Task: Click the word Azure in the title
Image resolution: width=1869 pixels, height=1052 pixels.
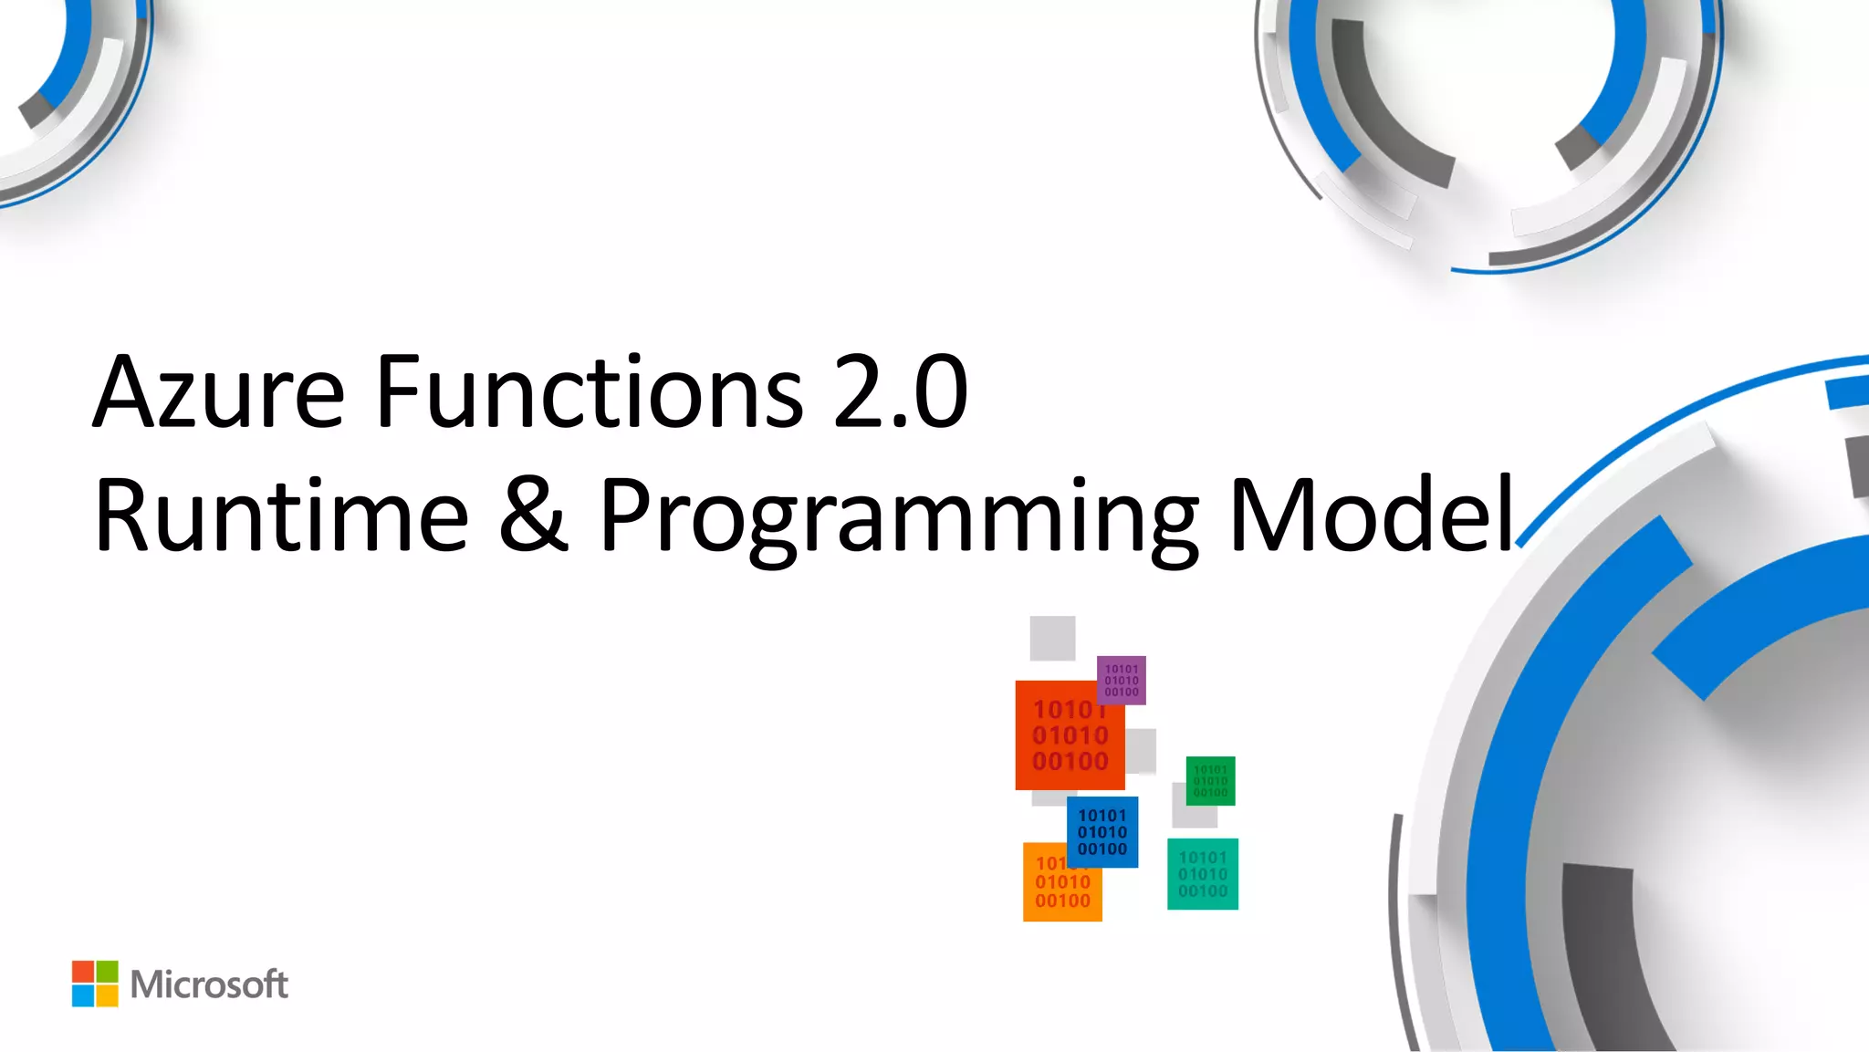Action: (219, 392)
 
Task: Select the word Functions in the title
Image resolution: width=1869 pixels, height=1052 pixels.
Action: (589, 392)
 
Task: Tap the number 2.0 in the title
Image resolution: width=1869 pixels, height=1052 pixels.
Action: (900, 392)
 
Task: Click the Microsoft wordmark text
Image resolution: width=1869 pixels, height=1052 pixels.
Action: (209, 984)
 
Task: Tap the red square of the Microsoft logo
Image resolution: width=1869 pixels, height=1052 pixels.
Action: (83, 972)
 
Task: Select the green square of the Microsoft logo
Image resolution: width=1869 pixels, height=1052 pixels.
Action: (107, 972)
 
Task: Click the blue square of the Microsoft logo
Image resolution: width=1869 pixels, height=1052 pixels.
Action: (83, 995)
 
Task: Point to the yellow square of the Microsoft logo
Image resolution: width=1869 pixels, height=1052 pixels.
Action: (107, 995)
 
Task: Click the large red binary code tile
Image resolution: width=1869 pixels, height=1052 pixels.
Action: (1063, 739)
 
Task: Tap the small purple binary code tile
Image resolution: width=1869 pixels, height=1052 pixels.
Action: (1122, 681)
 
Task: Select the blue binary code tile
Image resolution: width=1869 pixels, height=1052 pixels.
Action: (1102, 832)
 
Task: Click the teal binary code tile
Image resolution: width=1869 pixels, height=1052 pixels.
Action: (1203, 874)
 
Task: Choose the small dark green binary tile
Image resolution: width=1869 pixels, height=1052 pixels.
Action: (1211, 781)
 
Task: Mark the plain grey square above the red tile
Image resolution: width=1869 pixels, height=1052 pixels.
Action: (1052, 638)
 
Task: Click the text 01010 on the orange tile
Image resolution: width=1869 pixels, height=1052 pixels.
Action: (1062, 882)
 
